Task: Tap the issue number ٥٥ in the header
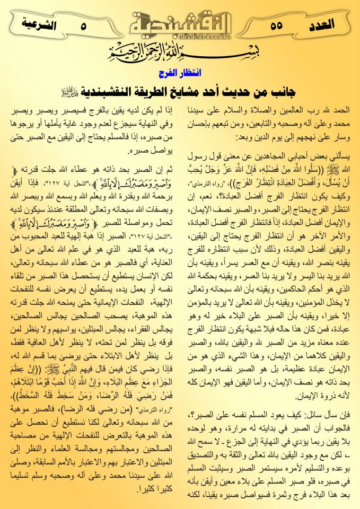[x=277, y=24]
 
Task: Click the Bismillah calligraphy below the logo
[x=180, y=55]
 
